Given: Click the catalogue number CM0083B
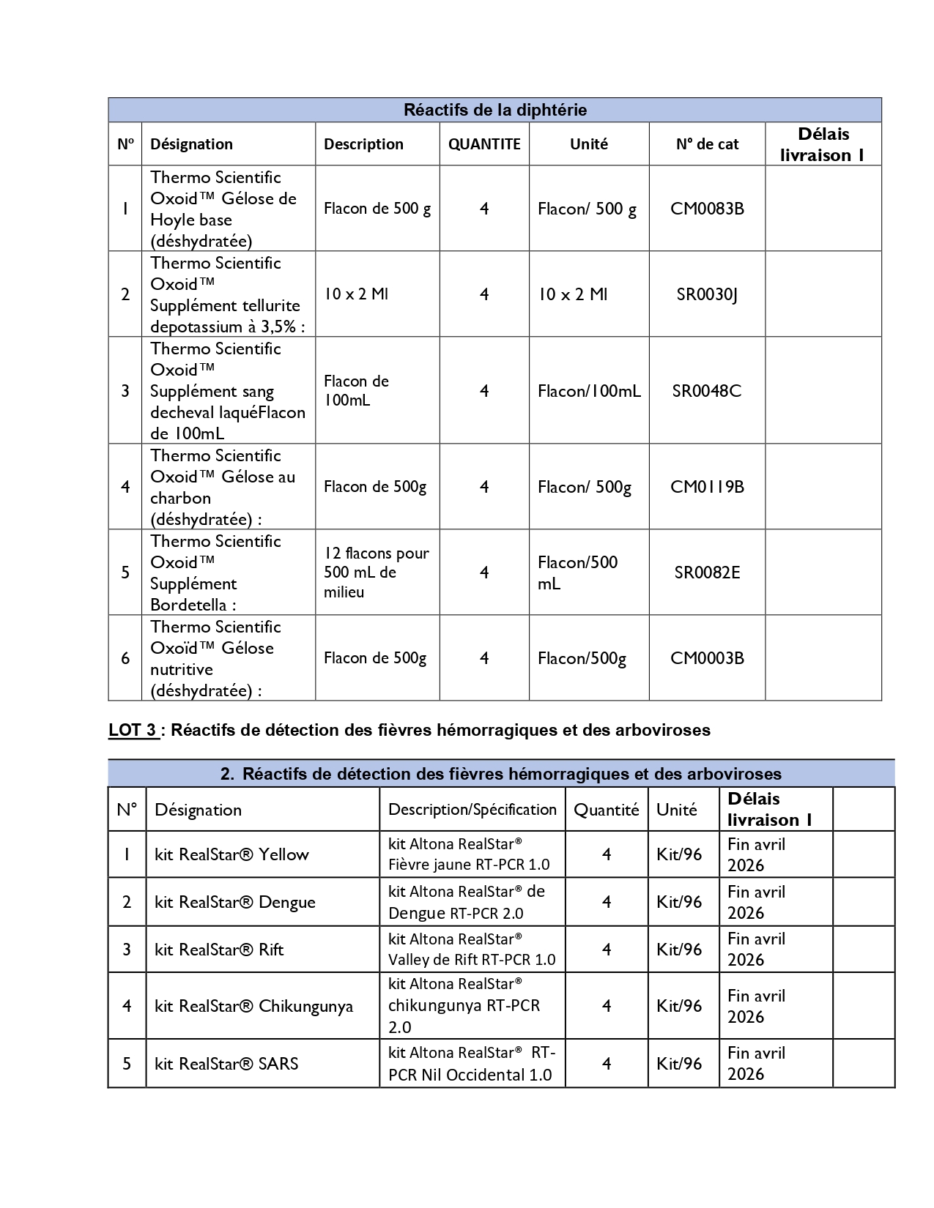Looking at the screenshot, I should click(707, 209).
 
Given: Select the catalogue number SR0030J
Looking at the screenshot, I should click(707, 294).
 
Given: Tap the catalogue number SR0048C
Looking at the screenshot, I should click(707, 391).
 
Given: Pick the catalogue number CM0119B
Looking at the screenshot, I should click(707, 487).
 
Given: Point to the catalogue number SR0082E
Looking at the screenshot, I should click(707, 573).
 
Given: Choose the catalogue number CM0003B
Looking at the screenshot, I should click(707, 658).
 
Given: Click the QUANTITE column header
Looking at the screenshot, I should click(484, 144).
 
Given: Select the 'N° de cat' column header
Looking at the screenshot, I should click(707, 144).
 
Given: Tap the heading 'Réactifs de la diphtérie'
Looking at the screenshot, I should click(495, 111).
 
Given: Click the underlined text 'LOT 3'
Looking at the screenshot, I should click(133, 730).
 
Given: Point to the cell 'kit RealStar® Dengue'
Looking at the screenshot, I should click(235, 902).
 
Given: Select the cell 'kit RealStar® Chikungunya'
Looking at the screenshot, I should click(253, 1006).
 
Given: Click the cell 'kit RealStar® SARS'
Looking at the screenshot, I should click(226, 1064).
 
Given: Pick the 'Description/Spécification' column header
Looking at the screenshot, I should click(472, 810).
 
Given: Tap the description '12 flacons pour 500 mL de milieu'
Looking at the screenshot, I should click(377, 573).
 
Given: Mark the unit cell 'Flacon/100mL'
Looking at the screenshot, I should click(589, 391).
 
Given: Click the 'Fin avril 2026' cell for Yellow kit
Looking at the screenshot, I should click(756, 854).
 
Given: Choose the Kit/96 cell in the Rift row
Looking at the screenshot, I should click(679, 950).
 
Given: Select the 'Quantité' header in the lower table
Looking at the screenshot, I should click(607, 810).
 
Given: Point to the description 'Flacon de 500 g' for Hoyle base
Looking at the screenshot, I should click(377, 209).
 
